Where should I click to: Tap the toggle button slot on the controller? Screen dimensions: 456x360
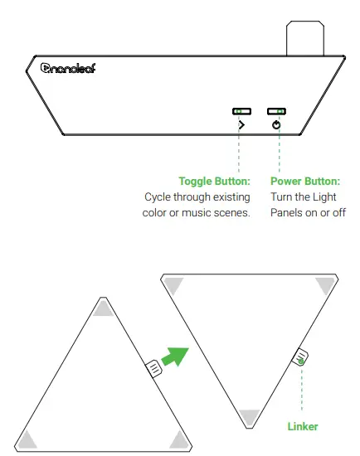(241, 110)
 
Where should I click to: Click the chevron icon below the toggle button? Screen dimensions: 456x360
(241, 125)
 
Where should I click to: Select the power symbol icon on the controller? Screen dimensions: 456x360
(276, 125)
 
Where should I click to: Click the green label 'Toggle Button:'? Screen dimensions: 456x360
(214, 181)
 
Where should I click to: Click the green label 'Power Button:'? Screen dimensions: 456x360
(306, 181)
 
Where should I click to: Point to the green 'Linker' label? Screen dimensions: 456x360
(302, 426)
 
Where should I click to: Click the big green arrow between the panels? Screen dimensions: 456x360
(174, 357)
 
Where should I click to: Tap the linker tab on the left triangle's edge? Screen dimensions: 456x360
(153, 368)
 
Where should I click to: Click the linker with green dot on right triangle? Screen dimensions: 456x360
(300, 358)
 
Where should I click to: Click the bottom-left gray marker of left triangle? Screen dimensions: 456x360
(27, 439)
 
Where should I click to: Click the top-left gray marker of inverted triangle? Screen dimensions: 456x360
(173, 284)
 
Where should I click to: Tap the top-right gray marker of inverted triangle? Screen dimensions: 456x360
(323, 284)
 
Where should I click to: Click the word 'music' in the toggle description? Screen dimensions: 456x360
(193, 213)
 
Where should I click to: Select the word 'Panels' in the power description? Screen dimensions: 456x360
(286, 213)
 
